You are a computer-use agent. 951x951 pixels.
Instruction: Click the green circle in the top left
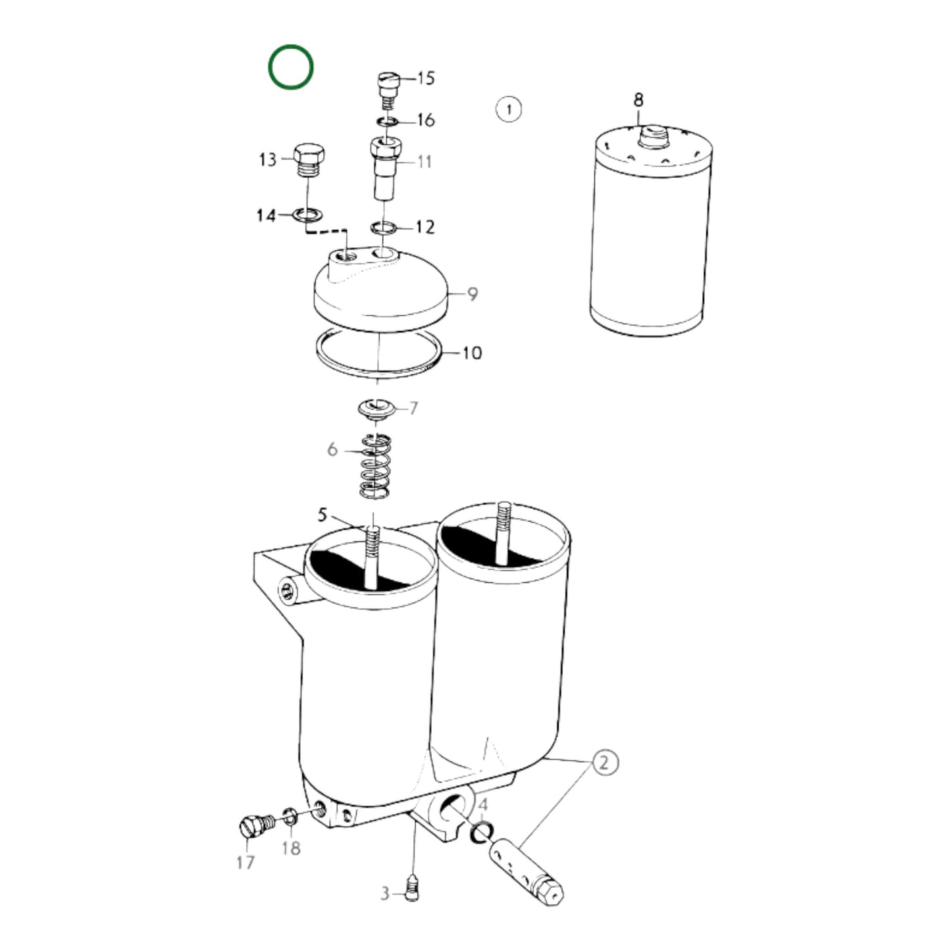click(290, 67)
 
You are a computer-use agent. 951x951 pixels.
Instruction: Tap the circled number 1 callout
click(508, 109)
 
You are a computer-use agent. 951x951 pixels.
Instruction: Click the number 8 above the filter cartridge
click(638, 100)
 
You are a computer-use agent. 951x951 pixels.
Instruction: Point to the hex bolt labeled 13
click(308, 161)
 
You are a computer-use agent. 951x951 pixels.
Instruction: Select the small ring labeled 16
click(387, 121)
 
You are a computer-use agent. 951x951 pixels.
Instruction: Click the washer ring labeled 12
click(384, 228)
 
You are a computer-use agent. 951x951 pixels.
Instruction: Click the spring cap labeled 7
click(376, 409)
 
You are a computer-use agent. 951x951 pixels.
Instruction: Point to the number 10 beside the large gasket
click(472, 353)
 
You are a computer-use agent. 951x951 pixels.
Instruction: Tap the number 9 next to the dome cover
click(473, 294)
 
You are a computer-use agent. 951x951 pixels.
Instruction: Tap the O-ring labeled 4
click(482, 833)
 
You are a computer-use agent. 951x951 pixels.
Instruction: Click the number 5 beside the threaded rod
click(322, 515)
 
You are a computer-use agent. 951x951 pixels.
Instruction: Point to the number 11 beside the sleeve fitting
click(424, 161)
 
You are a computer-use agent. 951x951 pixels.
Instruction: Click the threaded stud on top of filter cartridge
click(653, 137)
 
